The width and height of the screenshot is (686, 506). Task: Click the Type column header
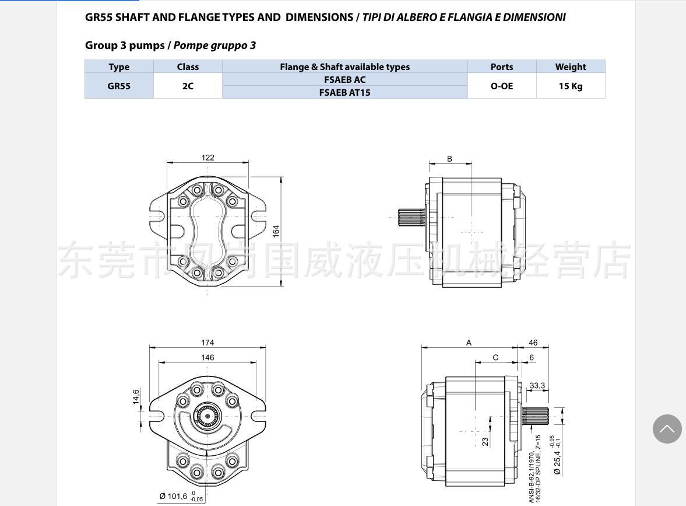click(x=119, y=67)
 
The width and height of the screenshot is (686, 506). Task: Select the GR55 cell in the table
click(x=119, y=86)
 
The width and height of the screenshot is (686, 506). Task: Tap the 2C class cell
click(x=188, y=86)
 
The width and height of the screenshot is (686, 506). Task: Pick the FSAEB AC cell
click(x=345, y=79)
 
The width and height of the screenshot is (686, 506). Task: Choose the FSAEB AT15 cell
click(x=345, y=92)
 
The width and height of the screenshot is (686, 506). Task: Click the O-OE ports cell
click(x=502, y=86)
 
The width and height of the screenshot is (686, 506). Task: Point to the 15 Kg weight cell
click(x=571, y=86)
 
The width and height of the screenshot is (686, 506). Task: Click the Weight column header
click(x=571, y=67)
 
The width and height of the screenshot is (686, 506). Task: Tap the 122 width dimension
click(x=208, y=158)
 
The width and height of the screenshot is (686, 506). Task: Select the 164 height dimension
click(x=276, y=231)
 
